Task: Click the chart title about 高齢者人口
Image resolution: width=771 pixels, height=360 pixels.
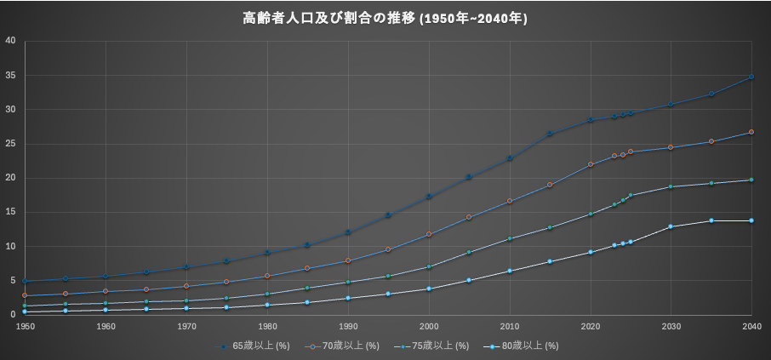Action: (385, 18)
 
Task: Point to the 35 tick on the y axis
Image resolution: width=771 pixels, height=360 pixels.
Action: (9, 75)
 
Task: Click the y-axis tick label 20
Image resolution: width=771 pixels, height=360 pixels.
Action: (9, 178)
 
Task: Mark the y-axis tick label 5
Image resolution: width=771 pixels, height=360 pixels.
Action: (12, 281)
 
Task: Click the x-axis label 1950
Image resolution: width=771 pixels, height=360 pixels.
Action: (25, 326)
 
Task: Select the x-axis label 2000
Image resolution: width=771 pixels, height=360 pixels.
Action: (429, 326)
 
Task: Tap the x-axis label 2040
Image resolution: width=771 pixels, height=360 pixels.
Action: (751, 326)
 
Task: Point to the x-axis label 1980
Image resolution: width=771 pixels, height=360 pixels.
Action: (267, 326)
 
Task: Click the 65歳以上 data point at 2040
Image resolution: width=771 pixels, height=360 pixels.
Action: (751, 77)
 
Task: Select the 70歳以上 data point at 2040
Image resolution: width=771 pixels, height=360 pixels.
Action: (751, 132)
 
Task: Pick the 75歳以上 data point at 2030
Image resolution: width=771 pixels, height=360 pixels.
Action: (671, 186)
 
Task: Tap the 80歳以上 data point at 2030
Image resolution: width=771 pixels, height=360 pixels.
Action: (671, 226)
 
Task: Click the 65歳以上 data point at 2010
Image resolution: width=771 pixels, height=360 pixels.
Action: (510, 158)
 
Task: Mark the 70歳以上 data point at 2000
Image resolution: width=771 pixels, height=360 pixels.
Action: (429, 234)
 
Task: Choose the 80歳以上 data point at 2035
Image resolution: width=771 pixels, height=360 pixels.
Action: (711, 220)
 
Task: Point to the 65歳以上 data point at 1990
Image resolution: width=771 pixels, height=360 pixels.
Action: (348, 232)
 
